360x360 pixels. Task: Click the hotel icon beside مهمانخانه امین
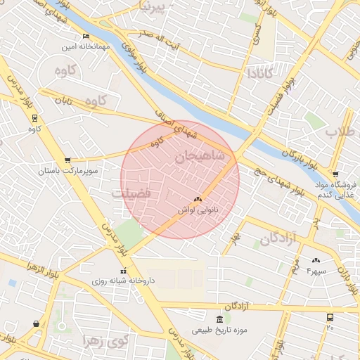86,37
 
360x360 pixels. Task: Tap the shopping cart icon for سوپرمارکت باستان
67,160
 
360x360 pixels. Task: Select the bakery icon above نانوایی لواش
197,200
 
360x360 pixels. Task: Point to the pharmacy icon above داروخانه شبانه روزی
123,271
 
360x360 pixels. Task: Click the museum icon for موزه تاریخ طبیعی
220,320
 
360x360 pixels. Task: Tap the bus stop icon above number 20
330,318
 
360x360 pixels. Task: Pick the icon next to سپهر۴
316,260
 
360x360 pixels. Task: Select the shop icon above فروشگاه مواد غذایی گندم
335,174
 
